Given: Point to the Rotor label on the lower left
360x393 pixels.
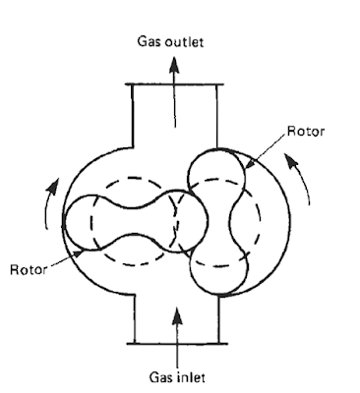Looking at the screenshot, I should coord(25,268).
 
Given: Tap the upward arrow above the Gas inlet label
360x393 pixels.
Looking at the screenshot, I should coord(178,334).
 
